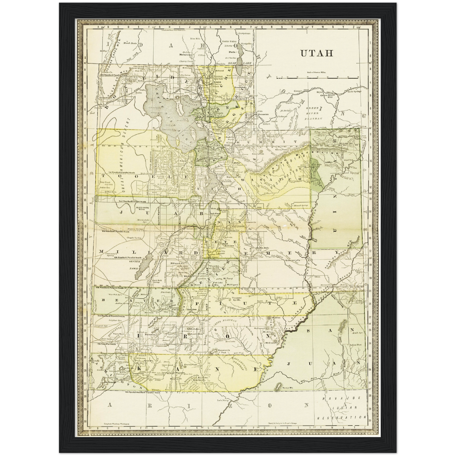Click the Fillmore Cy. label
tap(177, 263)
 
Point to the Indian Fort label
tap(354, 345)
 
